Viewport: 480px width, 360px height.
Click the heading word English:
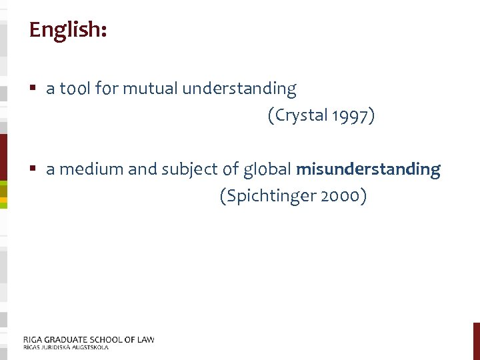point(67,30)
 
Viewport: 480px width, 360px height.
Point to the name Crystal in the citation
point(301,115)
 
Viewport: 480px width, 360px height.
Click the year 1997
point(353,115)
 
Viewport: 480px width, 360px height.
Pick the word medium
point(91,169)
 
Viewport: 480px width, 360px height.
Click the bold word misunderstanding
point(368,169)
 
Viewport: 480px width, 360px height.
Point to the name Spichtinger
point(269,197)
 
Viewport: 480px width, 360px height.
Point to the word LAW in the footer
point(145,339)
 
